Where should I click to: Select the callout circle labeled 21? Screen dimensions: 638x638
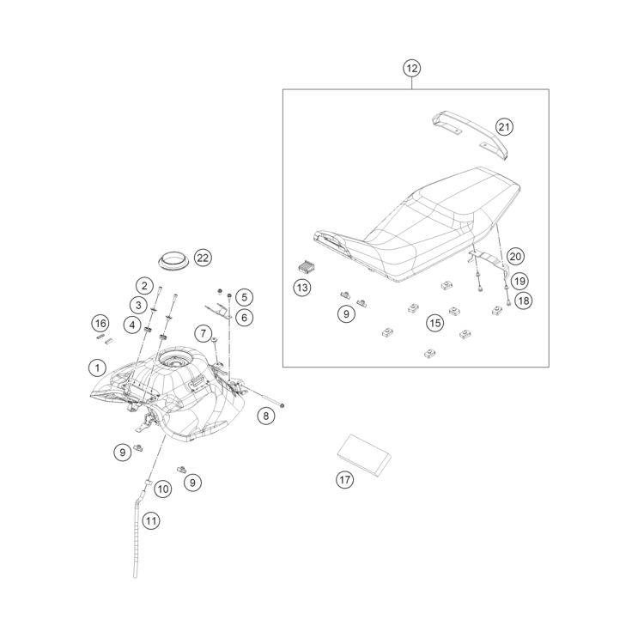(504, 127)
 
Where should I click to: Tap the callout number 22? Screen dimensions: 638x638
(203, 258)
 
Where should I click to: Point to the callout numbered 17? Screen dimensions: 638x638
(344, 480)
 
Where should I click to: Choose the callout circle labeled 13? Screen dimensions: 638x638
(302, 288)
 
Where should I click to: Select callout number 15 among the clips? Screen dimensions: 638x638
(435, 322)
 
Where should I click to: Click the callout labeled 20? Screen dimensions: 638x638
(515, 256)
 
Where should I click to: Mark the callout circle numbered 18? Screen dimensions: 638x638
(523, 300)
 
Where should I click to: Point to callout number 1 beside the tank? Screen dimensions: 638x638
(98, 368)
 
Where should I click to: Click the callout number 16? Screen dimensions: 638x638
(101, 323)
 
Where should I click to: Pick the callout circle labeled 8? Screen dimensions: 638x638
(266, 416)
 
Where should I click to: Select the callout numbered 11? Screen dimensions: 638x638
(151, 519)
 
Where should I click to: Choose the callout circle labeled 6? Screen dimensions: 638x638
(244, 318)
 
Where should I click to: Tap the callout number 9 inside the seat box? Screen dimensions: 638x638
(346, 314)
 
